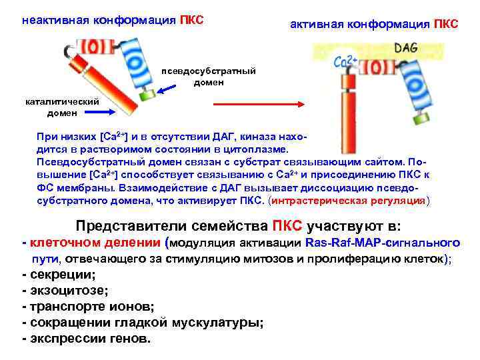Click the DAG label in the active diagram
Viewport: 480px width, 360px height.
[406, 48]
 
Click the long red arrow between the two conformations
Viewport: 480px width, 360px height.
[257, 105]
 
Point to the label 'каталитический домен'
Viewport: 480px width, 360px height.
[61, 107]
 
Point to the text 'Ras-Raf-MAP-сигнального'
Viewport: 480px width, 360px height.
[382, 243]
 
